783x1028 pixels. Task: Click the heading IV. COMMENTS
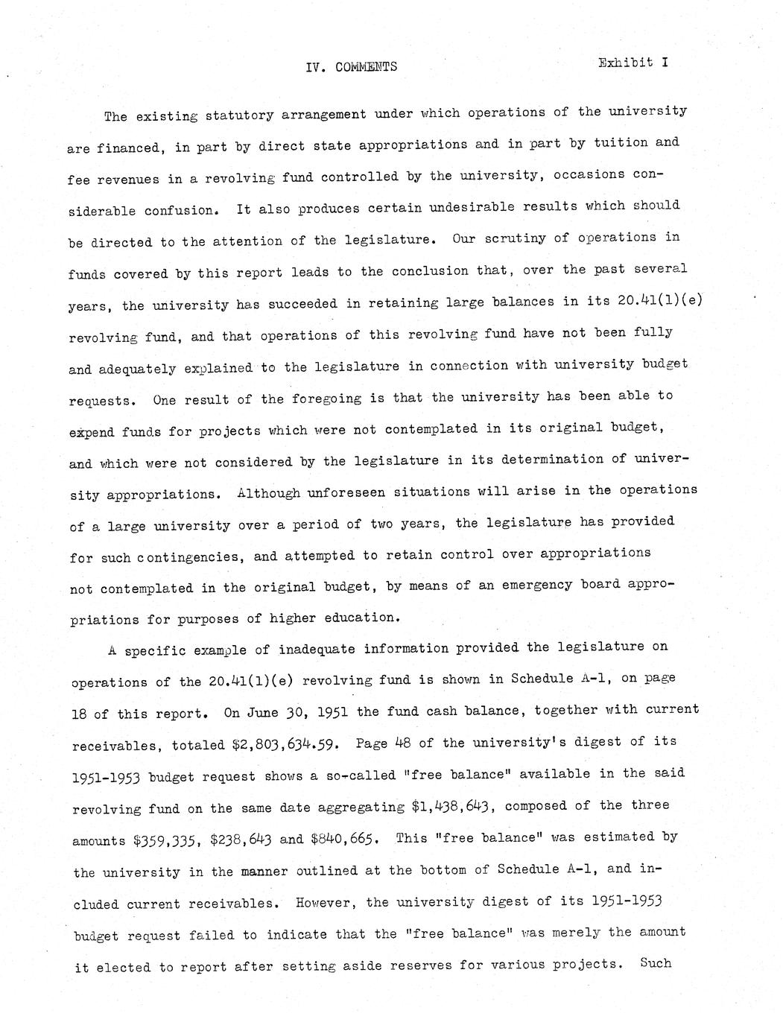point(352,67)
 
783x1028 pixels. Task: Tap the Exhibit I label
point(633,63)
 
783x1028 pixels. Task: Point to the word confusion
point(181,210)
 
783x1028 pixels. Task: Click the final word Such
point(656,963)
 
